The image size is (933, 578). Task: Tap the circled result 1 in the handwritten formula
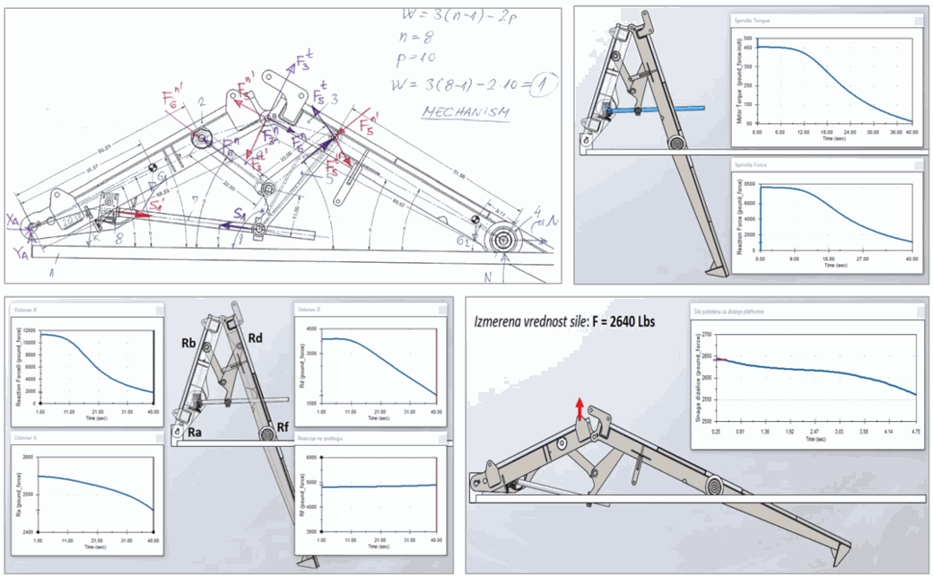tap(543, 85)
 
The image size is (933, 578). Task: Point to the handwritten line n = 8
tap(418, 38)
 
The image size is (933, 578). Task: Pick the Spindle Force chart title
tap(751, 165)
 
